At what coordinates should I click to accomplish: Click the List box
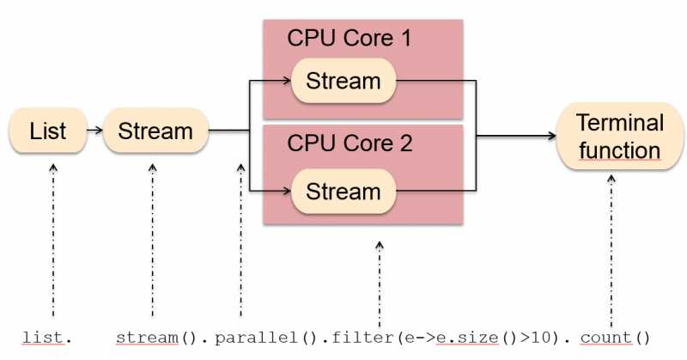[48, 131]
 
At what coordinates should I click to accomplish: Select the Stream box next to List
[155, 131]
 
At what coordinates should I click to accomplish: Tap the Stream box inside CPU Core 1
[343, 82]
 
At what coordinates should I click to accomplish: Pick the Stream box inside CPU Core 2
[343, 191]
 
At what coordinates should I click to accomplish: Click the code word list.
[42, 338]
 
